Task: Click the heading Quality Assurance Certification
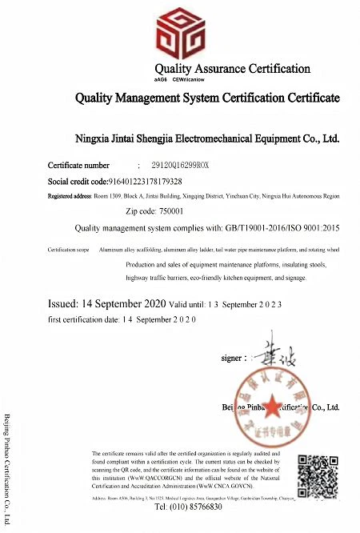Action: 232,69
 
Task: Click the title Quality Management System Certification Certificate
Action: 196,100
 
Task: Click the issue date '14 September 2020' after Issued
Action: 123,305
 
